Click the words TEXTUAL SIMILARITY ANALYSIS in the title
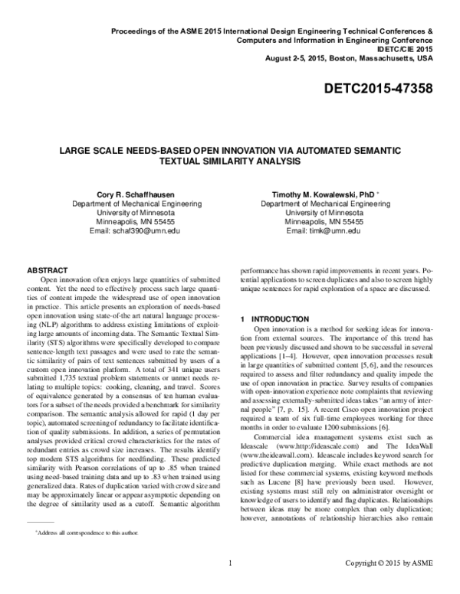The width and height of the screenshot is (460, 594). point(229,162)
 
